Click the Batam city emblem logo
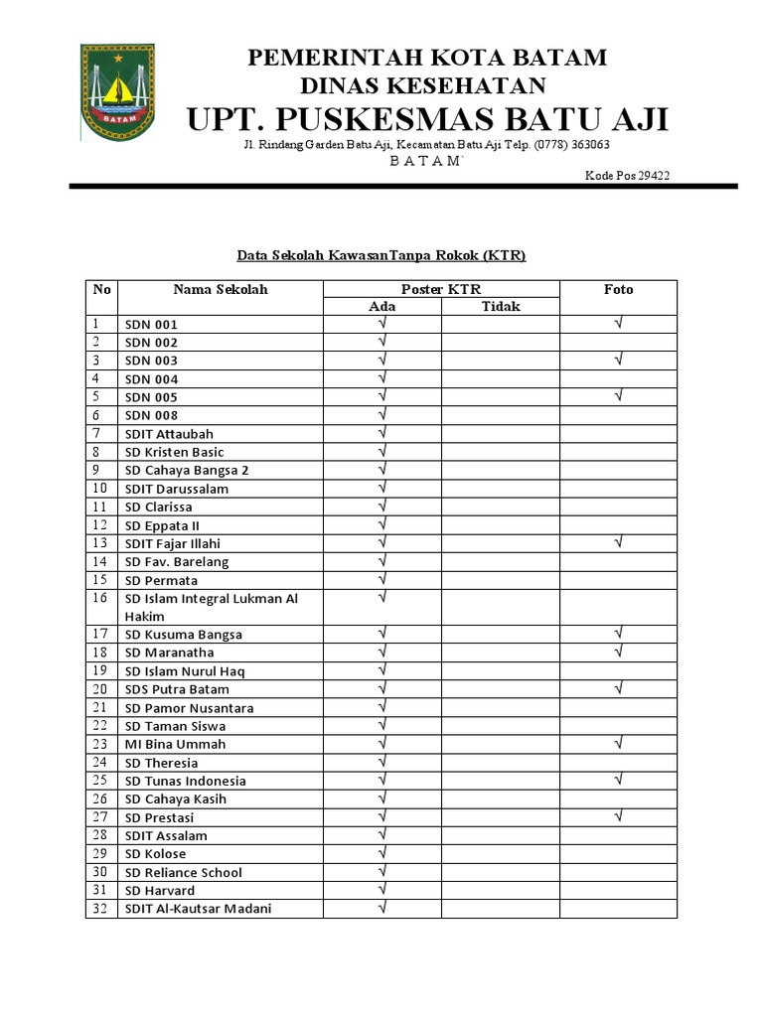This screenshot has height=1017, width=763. point(117,88)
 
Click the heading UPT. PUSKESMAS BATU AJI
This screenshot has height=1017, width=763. point(427,119)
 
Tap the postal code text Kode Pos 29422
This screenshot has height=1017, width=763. point(627,176)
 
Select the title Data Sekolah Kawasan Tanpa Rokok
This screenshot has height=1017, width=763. point(381,255)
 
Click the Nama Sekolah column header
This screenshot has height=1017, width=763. point(221,289)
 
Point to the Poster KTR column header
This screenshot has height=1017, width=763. point(440,289)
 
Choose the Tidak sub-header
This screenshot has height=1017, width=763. point(501,307)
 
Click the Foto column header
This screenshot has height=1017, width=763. point(618,289)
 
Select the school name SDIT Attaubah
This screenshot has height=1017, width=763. point(169,434)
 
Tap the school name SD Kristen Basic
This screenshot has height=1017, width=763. point(175,452)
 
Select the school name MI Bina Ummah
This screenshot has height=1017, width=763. point(175,744)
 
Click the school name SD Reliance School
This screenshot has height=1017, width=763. point(183,872)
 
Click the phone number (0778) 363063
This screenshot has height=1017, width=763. point(572,145)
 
